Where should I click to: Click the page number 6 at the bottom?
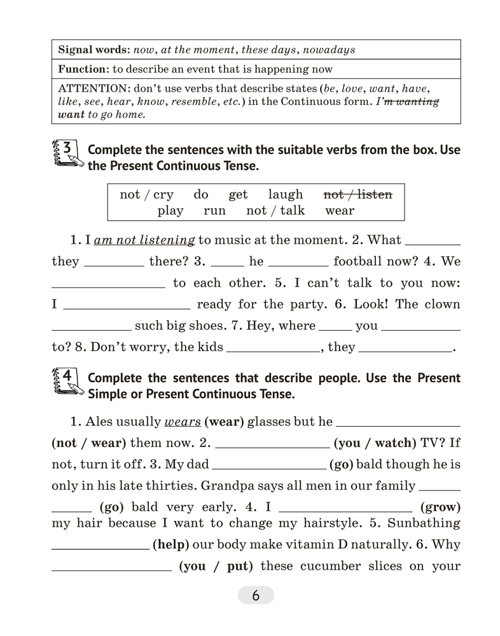pyautogui.click(x=256, y=596)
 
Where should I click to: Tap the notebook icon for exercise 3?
pyautogui.click(x=66, y=154)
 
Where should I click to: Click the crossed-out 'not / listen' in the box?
pyautogui.click(x=358, y=195)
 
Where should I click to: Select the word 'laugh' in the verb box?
pyautogui.click(x=286, y=195)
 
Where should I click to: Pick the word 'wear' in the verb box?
pyautogui.click(x=340, y=211)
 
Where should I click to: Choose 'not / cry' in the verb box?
pyautogui.click(x=146, y=195)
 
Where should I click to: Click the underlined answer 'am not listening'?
pyautogui.click(x=144, y=240)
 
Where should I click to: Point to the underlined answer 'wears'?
pyautogui.click(x=183, y=421)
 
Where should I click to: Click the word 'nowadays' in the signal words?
pyautogui.click(x=327, y=50)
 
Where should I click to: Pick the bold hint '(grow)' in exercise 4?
pyautogui.click(x=440, y=508)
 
